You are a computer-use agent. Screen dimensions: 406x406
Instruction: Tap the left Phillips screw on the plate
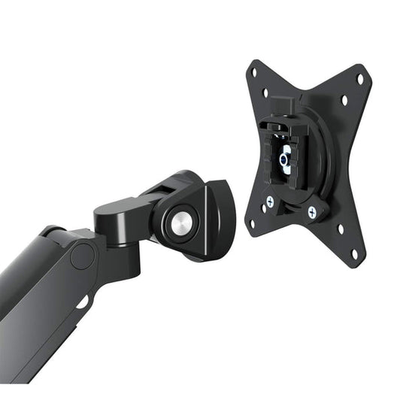[x=270, y=201]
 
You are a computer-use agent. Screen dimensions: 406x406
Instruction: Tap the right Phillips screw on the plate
[x=311, y=213]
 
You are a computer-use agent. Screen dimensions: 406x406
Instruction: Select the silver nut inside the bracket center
[x=285, y=159]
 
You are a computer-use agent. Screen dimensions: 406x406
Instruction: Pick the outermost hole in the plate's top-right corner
[x=359, y=77]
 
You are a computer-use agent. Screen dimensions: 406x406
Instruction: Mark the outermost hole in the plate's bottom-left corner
[x=252, y=223]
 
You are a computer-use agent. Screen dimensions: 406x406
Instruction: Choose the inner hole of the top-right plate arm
[x=345, y=98]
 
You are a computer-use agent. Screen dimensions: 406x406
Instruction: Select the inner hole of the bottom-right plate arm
[x=340, y=229]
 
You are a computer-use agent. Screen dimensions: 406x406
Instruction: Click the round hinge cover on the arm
[x=82, y=256]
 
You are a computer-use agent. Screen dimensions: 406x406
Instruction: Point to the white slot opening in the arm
[x=81, y=303]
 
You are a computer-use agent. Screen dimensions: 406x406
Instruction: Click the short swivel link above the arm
[x=120, y=214]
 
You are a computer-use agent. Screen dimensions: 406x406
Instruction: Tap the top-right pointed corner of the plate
[x=366, y=69]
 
